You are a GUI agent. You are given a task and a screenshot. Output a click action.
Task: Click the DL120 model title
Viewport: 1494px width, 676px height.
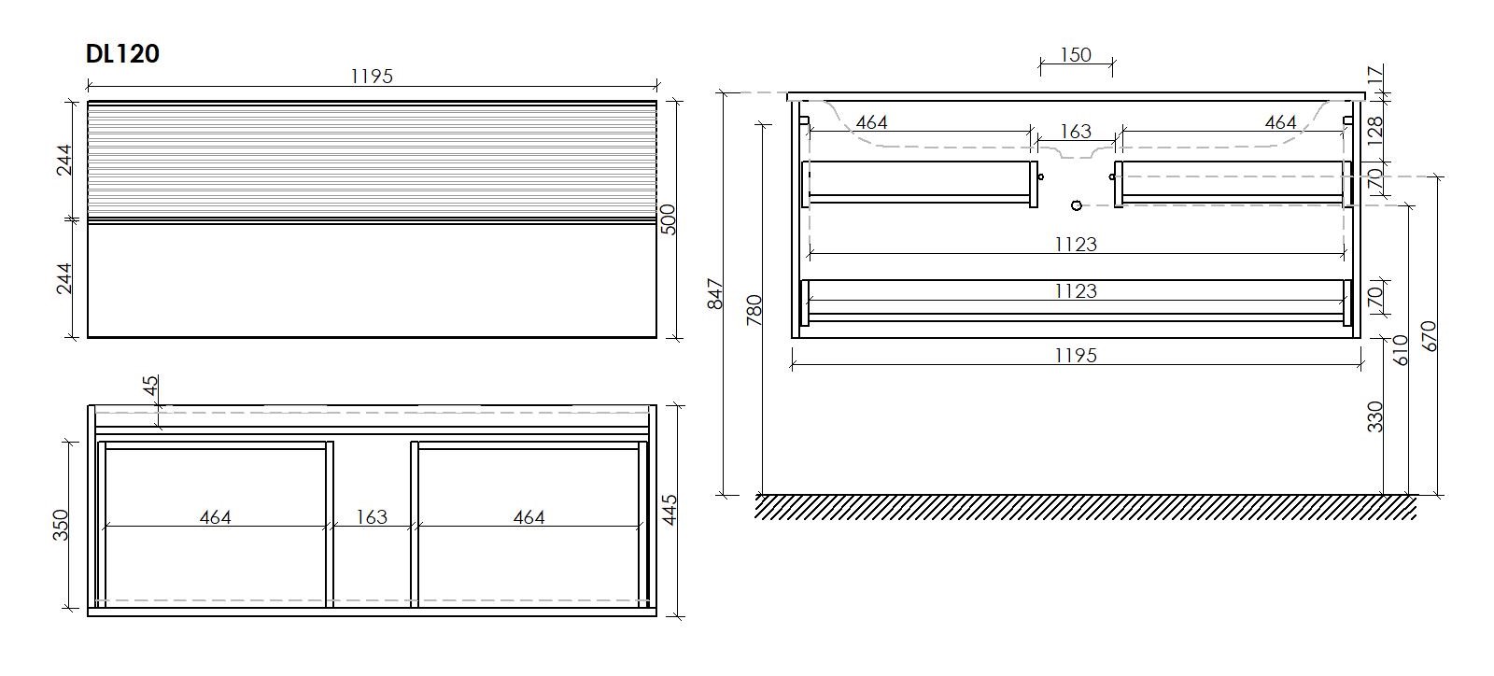pos(122,54)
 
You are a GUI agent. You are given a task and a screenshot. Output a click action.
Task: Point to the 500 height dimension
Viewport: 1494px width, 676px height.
pos(668,219)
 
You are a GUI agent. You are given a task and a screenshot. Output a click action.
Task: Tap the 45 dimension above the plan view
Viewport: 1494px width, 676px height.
pos(151,386)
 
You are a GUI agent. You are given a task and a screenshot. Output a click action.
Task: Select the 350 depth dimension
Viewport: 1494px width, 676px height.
pos(61,525)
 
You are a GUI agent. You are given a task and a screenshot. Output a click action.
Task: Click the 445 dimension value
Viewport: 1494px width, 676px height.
pos(669,510)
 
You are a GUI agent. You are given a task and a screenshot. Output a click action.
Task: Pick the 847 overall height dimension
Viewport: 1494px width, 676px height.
pos(714,294)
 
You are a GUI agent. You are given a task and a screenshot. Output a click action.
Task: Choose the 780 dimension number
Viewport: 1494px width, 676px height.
pos(754,310)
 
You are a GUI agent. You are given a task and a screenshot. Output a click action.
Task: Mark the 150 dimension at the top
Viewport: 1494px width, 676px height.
pos(1075,55)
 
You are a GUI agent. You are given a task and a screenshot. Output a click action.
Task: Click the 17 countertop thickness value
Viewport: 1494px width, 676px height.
pos(1375,75)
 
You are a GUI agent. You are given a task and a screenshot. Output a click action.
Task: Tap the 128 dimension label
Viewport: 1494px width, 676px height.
pos(1375,132)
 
